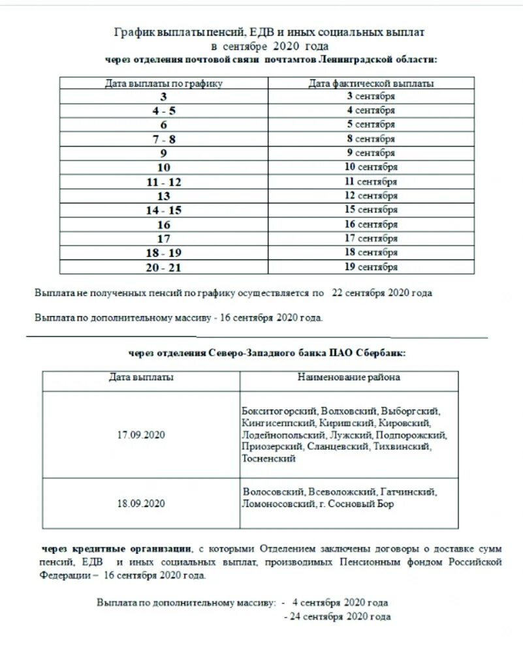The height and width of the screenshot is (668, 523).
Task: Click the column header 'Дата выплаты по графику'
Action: coord(164,83)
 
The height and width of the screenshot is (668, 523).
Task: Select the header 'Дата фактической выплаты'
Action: coord(371,83)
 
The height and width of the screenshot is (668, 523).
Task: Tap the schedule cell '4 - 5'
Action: coord(164,110)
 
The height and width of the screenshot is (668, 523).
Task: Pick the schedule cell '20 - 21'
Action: coord(164,267)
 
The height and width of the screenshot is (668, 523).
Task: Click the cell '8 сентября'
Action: coord(371,138)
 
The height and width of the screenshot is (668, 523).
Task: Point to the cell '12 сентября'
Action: coord(371,196)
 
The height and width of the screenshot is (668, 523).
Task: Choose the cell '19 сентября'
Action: coord(371,267)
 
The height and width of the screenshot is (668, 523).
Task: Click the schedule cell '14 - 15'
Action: coord(164,210)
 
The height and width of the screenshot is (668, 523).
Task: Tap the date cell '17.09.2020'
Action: coord(141,434)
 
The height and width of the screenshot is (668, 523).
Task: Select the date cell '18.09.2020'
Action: coord(141,503)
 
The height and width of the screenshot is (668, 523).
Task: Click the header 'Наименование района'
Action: coord(349,377)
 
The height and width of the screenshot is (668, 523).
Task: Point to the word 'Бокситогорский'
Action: coord(279,411)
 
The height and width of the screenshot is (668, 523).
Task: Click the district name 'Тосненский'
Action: coord(268,459)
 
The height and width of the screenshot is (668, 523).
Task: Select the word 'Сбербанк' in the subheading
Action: coord(381,353)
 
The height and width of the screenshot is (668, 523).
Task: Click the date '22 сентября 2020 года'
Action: coord(382,293)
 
